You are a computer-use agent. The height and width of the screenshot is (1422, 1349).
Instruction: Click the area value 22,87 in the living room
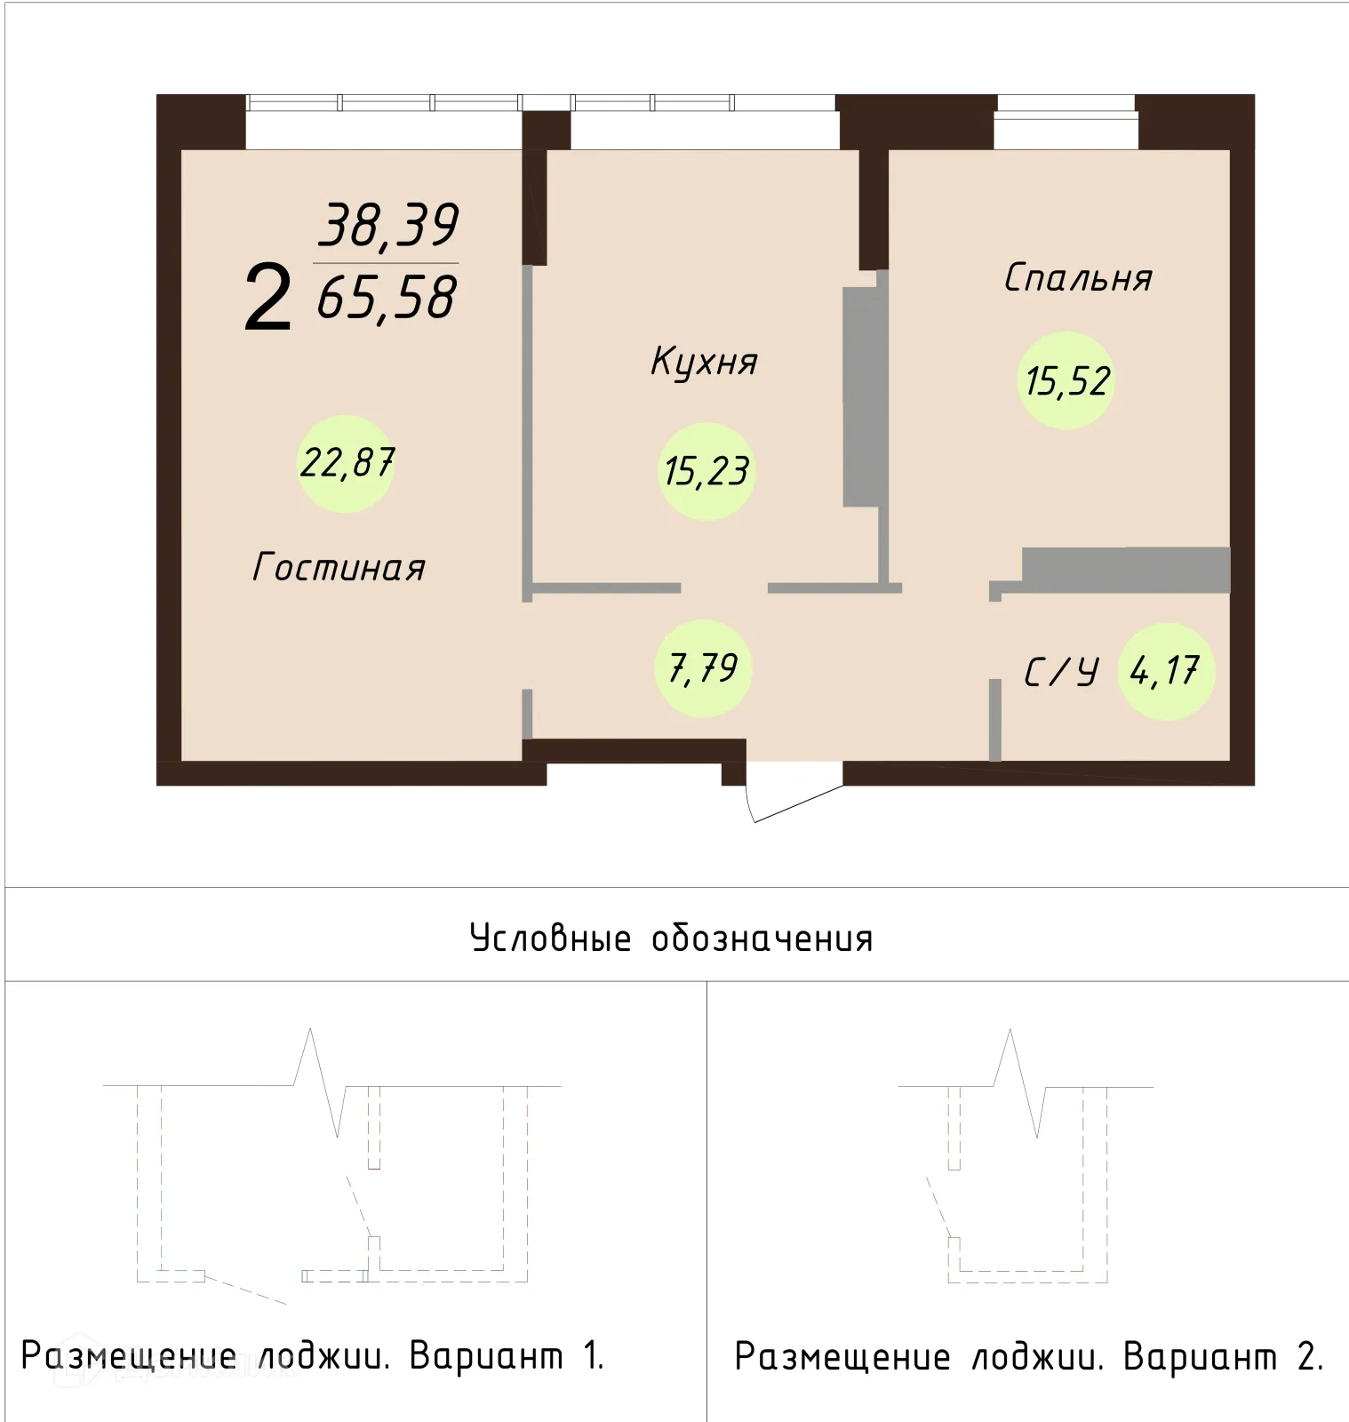point(347,463)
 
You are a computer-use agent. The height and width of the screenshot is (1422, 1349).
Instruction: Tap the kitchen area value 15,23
point(706,471)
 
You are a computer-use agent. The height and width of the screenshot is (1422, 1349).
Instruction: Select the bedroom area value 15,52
point(1066,381)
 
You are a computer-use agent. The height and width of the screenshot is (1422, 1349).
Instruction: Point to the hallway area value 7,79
point(703,668)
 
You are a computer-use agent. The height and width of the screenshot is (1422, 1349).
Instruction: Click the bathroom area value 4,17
point(1165,671)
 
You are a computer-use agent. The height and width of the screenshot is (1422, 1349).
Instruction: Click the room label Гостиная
point(339,567)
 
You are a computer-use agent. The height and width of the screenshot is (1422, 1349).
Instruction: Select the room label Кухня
point(704,362)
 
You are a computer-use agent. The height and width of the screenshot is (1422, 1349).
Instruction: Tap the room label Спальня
point(1078,278)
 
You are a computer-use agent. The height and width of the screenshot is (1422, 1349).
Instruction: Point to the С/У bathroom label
point(1061,672)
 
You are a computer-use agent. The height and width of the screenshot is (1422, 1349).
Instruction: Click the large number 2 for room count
point(267,299)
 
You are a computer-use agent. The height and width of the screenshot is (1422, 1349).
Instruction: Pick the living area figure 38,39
point(388,226)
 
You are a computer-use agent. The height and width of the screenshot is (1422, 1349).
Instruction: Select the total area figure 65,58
point(387,298)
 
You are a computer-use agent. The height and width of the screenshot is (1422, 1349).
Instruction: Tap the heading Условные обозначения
point(671,939)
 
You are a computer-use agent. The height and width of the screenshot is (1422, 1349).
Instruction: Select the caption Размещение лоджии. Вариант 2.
point(1028,1357)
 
